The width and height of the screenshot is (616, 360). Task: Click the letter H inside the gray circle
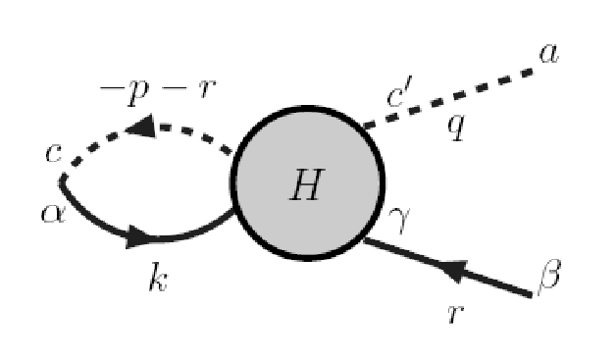[308, 184]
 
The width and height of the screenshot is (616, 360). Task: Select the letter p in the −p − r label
[138, 93]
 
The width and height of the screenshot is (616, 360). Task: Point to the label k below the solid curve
[158, 277]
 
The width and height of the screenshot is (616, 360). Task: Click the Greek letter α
[53, 214]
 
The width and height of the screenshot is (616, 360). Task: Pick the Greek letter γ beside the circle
[399, 220]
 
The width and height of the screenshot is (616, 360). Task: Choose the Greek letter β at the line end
[549, 277]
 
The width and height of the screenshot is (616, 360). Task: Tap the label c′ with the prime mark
[399, 92]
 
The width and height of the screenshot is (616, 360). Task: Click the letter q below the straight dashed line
[456, 129]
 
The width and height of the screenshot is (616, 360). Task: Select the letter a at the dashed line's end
[549, 54]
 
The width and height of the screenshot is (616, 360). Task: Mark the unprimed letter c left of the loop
[53, 153]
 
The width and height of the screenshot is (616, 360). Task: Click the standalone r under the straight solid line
[456, 314]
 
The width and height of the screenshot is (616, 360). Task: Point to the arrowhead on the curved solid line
[140, 237]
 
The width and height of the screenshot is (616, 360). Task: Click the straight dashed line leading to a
[448, 99]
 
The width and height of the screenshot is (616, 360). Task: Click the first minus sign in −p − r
[113, 89]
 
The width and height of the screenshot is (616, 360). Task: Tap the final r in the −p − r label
[207, 89]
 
